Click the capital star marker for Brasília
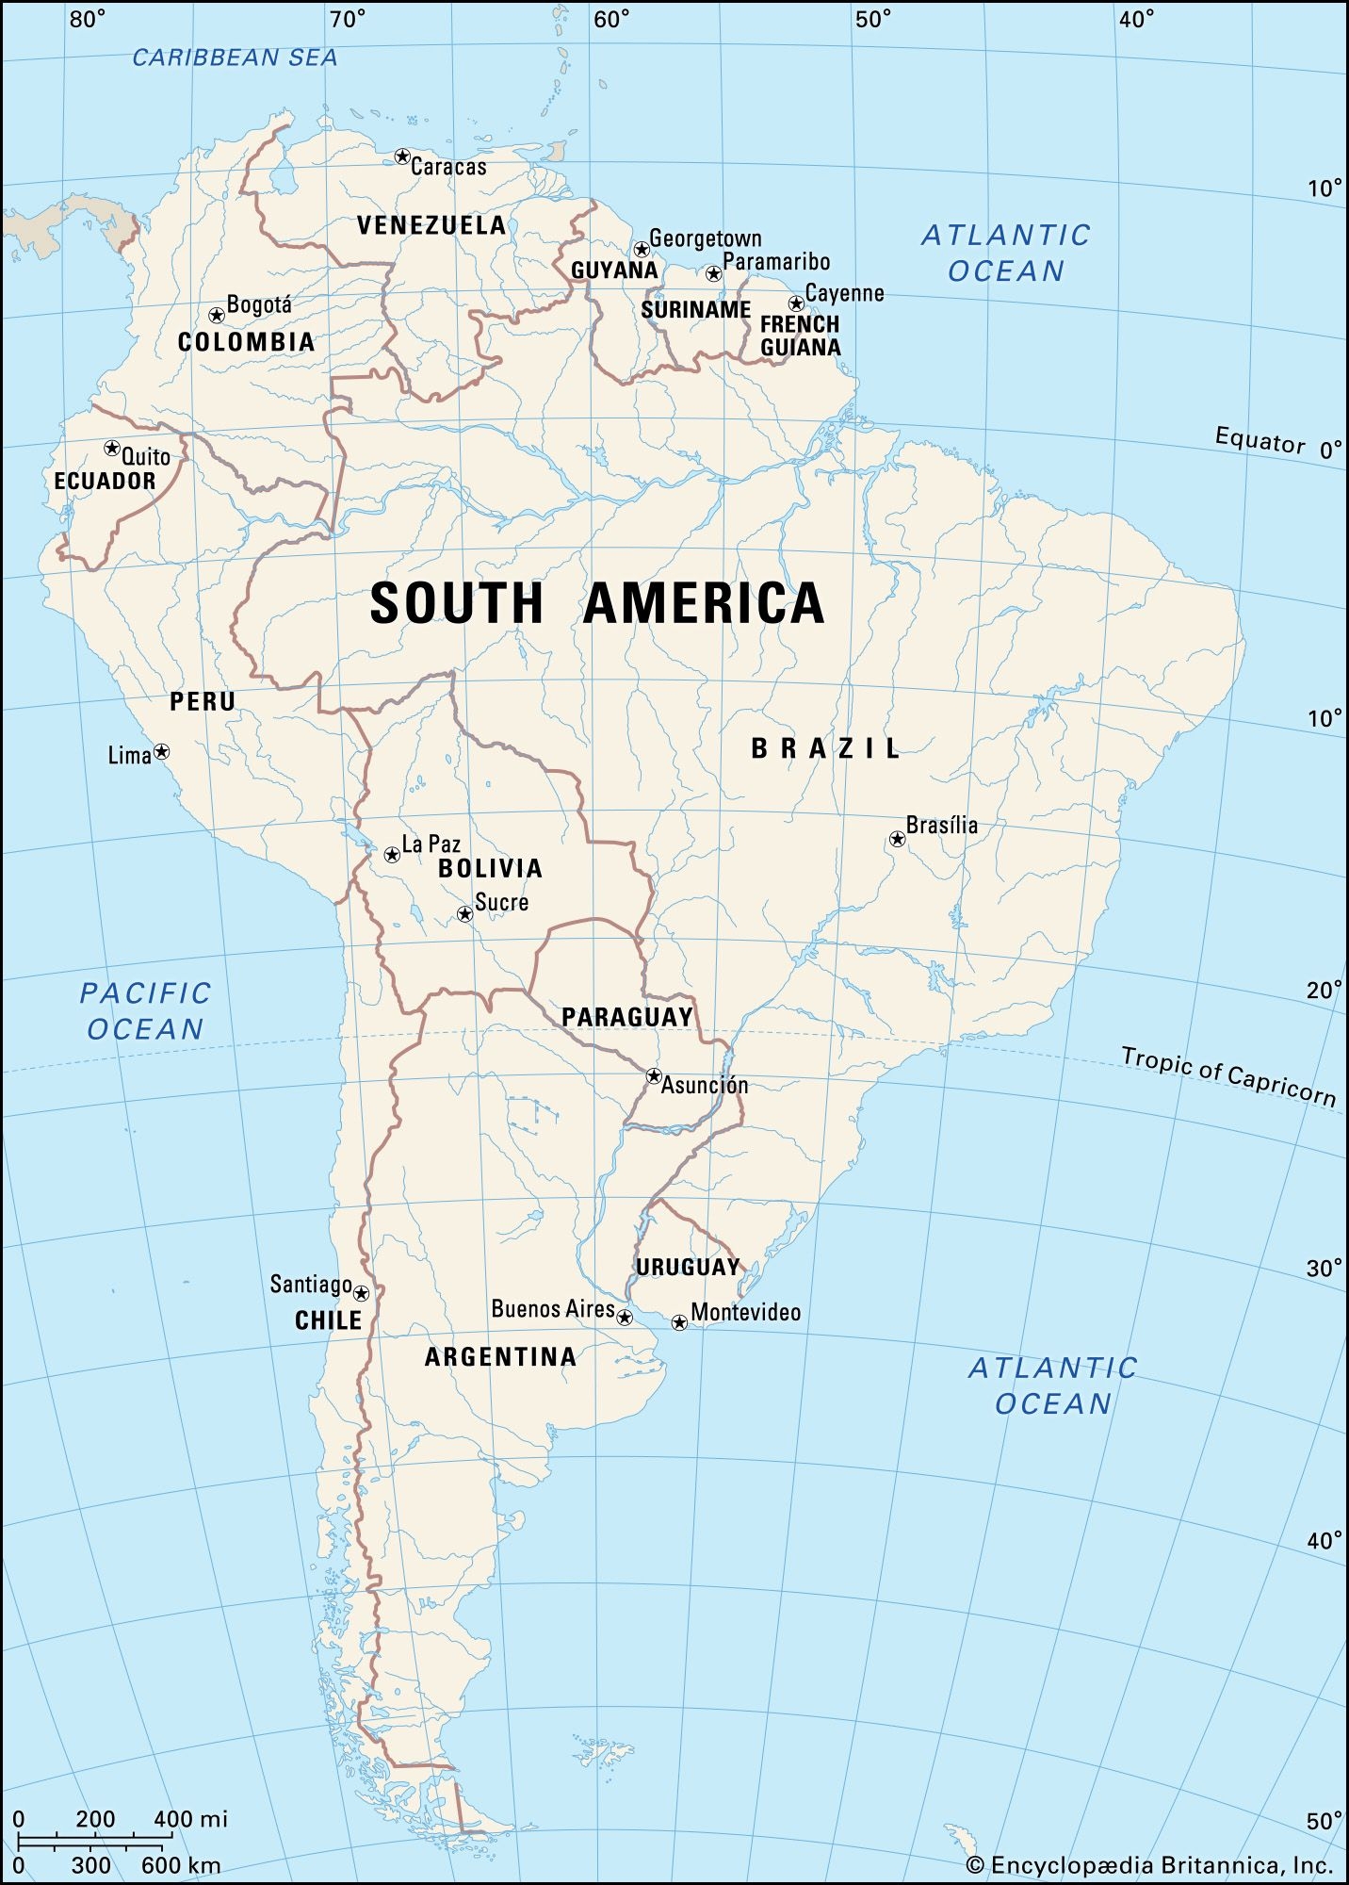point(897,839)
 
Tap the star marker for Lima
point(162,751)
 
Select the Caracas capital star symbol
point(402,156)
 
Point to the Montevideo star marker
point(679,1322)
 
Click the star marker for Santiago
point(361,1293)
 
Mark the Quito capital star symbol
point(112,448)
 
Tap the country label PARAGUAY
point(627,1017)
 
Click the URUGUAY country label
point(688,1268)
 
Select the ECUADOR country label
point(105,482)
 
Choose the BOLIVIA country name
point(490,868)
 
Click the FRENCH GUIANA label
point(801,336)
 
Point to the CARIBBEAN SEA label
point(235,58)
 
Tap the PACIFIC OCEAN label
point(145,1010)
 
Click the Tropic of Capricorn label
point(1228,1074)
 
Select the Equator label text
point(1260,440)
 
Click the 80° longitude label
point(88,19)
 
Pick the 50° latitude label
point(1324,1821)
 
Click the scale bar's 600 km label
point(181,1865)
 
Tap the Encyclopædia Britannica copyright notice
point(1149,1864)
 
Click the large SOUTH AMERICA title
point(597,603)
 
